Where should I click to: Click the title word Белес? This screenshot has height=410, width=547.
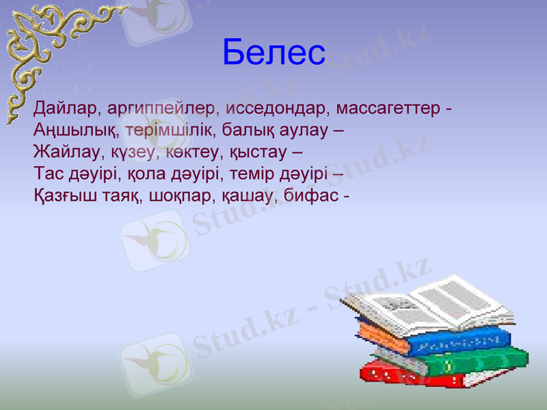(273, 53)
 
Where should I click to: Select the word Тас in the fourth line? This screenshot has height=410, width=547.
(48, 174)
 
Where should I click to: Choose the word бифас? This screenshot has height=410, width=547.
(312, 195)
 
